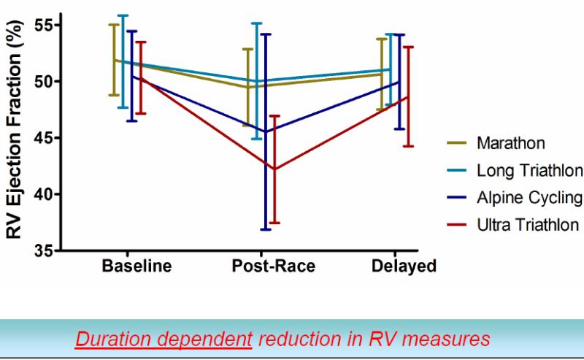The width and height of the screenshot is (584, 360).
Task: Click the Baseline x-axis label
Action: [137, 266]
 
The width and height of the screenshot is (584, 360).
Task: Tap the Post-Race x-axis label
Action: [274, 266]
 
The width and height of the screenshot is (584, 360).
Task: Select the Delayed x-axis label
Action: [404, 266]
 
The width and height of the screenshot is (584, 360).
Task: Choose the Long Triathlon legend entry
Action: [529, 170]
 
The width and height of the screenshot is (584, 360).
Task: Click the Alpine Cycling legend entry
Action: [529, 197]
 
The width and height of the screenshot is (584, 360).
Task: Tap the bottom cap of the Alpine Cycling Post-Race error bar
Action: [266, 229]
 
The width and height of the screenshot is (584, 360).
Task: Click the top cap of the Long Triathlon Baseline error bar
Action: [123, 15]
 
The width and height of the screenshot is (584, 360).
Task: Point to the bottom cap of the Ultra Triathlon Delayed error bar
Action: [408, 146]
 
